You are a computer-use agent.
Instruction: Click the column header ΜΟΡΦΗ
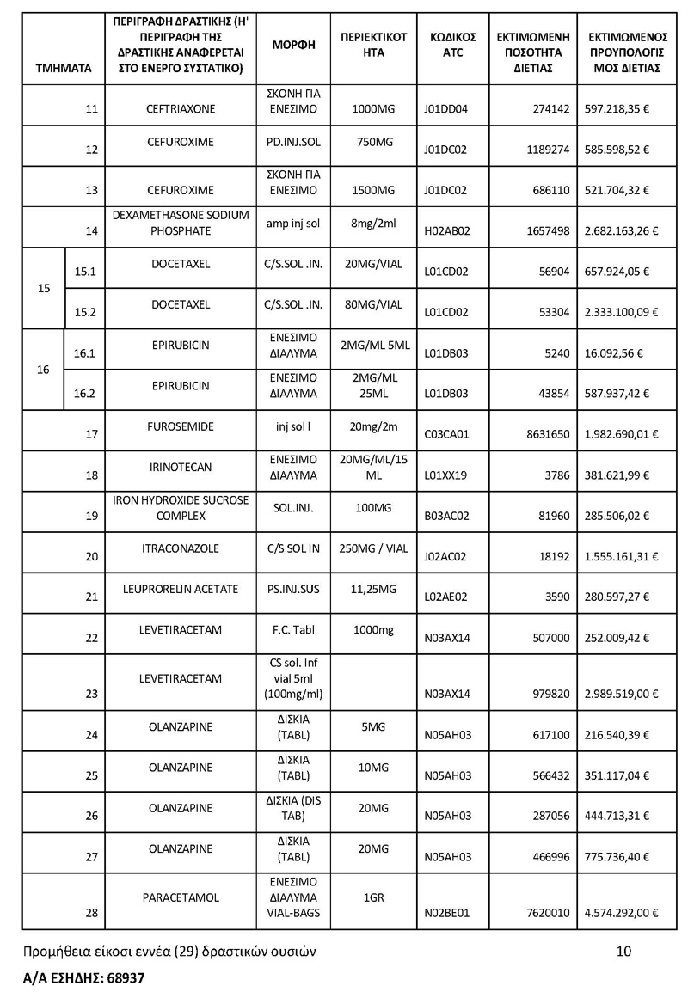pyautogui.click(x=293, y=45)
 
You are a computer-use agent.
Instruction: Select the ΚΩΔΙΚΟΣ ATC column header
pyautogui.click(x=452, y=45)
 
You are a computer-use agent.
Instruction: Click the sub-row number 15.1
pyautogui.click(x=85, y=272)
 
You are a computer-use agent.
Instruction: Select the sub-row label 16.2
pyautogui.click(x=85, y=394)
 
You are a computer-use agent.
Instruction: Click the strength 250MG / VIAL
pyautogui.click(x=374, y=548)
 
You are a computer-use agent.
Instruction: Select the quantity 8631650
pyautogui.click(x=548, y=435)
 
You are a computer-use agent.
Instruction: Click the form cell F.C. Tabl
pyautogui.click(x=293, y=629)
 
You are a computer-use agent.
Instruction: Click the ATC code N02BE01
pyautogui.click(x=446, y=914)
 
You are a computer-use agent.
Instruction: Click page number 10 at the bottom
pyautogui.click(x=624, y=950)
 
